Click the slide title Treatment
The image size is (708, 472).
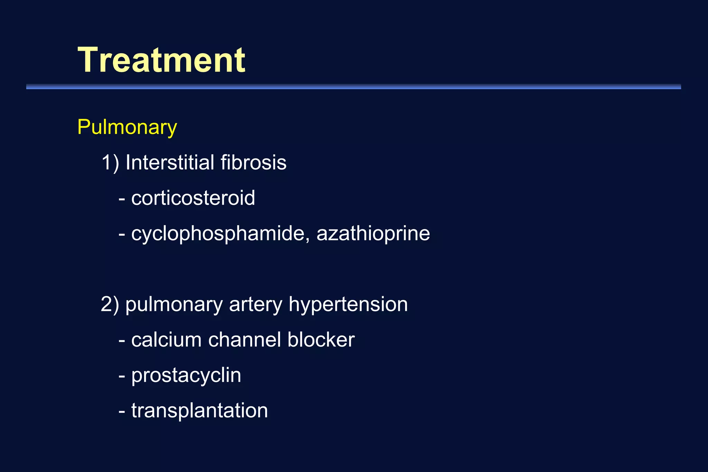(161, 60)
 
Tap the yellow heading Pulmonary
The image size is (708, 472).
(127, 127)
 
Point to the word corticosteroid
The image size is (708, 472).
(193, 198)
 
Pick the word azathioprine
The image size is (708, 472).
(373, 234)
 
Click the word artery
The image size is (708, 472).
(255, 305)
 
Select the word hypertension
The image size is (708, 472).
(348, 305)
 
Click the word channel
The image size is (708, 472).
(244, 340)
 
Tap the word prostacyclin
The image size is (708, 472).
(186, 376)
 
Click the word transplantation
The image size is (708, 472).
(199, 411)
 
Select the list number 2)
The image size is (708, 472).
(110, 304)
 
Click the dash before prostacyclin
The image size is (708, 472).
(122, 376)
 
